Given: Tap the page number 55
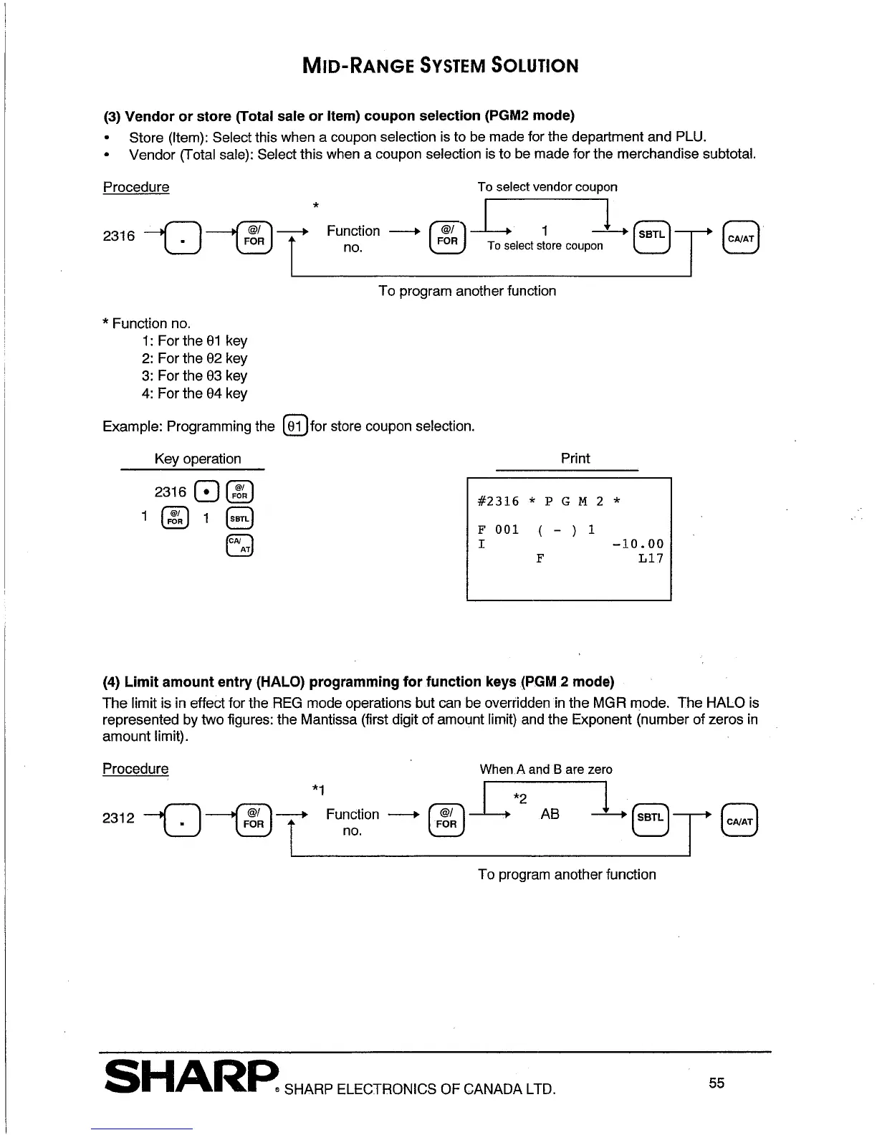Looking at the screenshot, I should coord(717,1083).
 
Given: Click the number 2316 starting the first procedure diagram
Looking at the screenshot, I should coord(119,236).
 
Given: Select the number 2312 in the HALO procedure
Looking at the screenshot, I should coord(119,818).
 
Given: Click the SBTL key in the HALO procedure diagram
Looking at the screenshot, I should coord(651,818).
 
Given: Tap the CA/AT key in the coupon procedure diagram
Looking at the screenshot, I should coord(741,239).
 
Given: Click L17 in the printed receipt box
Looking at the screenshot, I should coord(651,558).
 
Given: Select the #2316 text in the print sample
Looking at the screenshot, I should coord(498,502).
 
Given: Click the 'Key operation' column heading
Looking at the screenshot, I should coord(198,459).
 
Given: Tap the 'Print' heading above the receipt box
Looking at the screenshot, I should coord(575,459).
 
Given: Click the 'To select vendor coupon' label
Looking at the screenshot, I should coord(547,187).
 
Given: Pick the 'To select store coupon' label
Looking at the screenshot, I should coord(545,246).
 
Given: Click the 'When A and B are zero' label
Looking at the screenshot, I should coord(546,770).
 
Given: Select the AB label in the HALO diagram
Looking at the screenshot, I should coord(550,814).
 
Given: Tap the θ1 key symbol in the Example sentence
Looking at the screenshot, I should coord(295,426).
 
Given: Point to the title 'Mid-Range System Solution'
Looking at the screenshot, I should coord(440,66).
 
